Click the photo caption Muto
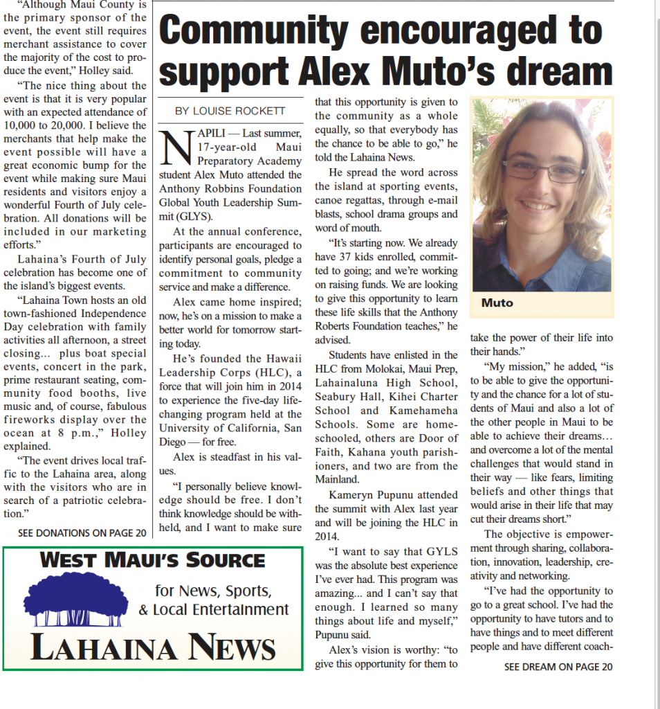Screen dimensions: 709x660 click(497, 303)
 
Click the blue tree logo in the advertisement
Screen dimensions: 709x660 click(76, 600)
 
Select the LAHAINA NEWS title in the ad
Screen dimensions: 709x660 click(153, 647)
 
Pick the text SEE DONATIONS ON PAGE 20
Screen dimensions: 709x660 click(82, 533)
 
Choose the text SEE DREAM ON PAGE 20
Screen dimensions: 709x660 click(558, 667)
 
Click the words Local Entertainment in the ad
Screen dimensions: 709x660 click(220, 610)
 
